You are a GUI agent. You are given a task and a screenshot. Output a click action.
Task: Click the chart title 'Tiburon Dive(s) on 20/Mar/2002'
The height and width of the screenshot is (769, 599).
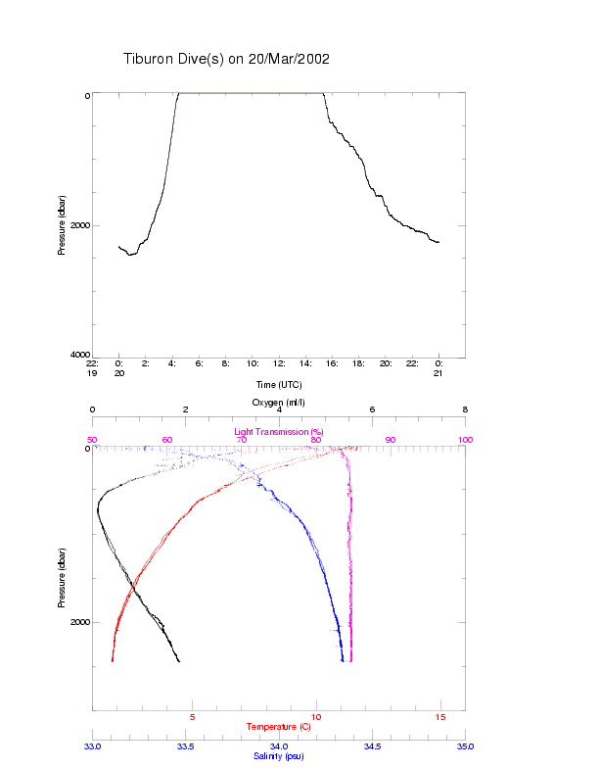226,59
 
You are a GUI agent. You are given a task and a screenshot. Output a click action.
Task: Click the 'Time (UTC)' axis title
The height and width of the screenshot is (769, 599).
278,385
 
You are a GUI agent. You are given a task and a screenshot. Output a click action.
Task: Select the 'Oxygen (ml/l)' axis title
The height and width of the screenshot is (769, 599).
279,403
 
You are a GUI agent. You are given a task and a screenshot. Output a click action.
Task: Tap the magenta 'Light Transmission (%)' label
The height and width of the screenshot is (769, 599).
278,431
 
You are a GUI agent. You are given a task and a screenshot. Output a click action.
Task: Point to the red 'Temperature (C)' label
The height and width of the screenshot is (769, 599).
278,727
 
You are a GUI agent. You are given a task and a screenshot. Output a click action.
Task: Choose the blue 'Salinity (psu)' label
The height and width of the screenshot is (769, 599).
278,756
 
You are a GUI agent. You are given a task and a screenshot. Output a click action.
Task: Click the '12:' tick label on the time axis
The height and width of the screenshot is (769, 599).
279,363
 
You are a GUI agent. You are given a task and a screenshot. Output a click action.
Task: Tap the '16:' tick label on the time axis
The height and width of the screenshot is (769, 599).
333,363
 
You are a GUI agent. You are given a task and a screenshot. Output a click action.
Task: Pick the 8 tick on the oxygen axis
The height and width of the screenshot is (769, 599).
465,410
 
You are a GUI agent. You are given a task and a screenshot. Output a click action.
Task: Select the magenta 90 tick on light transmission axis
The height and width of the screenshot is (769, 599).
390,440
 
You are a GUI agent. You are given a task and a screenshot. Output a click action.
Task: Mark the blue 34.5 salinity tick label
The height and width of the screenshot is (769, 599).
372,746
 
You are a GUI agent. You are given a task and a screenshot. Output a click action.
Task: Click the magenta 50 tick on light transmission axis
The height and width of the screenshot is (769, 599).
92,440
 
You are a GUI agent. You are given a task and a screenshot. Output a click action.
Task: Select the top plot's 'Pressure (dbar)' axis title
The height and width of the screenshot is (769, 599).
62,225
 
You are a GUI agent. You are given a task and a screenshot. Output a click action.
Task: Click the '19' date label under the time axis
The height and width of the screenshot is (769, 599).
92,373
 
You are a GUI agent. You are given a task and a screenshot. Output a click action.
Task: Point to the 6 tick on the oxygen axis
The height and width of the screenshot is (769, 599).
372,410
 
